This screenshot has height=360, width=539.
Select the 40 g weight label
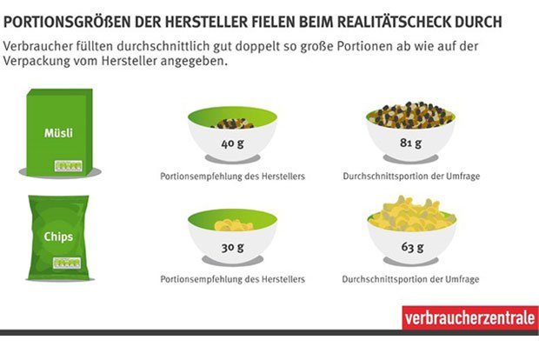tap(231, 143)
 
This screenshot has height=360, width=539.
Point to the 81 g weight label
tap(411, 143)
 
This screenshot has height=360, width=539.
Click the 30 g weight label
tap(231, 247)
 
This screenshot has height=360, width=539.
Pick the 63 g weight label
tap(411, 247)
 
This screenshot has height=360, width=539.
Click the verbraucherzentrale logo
tap(469, 318)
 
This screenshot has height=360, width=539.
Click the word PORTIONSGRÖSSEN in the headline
tap(70, 19)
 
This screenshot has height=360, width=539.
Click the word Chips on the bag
tap(57, 236)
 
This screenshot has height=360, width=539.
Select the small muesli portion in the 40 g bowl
tap(232, 123)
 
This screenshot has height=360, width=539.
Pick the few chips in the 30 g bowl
tap(233, 225)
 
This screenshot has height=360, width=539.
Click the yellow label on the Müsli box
tap(66, 163)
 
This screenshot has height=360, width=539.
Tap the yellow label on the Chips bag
tap(65, 262)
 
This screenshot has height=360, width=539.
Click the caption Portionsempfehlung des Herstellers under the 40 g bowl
tap(232, 177)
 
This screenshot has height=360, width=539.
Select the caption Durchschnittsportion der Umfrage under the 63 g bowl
tap(411, 279)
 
